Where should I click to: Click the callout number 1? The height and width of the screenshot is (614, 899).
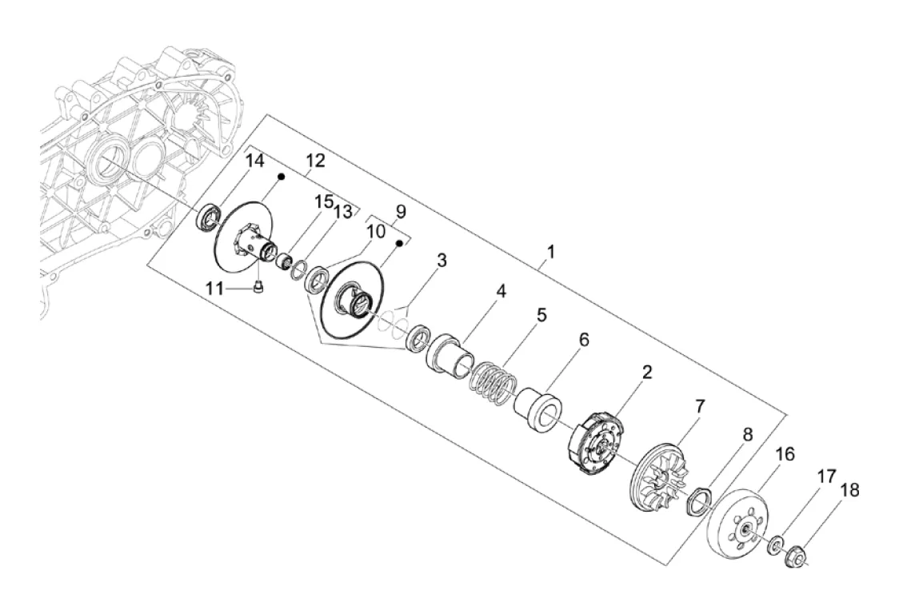[x=549, y=253]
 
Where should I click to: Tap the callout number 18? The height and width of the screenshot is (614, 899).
[x=849, y=490]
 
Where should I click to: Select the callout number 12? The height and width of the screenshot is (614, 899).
[x=315, y=161]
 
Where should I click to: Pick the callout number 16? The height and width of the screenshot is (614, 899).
[x=785, y=454]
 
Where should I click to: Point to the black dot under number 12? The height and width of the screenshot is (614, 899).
[x=282, y=177]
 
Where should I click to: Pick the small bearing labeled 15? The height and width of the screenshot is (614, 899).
[x=285, y=261]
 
